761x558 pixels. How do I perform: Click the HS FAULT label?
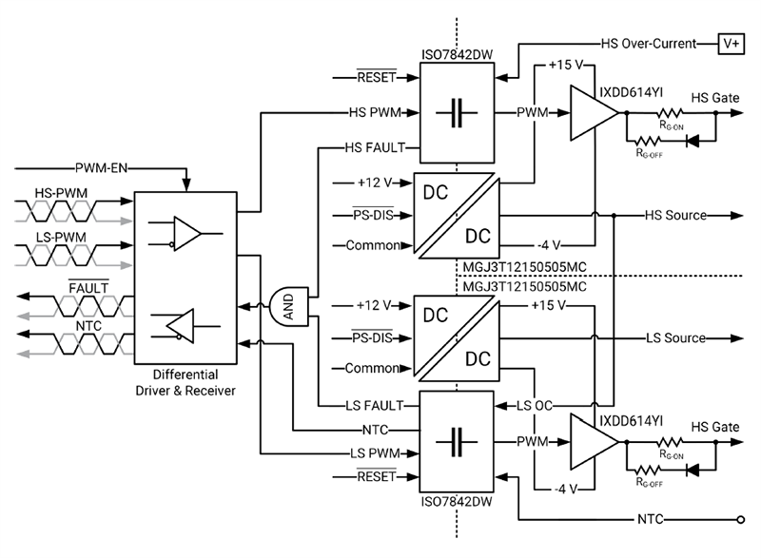pos(376,147)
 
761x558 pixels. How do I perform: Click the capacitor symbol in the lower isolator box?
pos(455,441)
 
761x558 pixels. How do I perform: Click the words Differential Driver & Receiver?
pos(185,383)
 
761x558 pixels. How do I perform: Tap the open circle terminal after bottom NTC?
pos(738,520)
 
